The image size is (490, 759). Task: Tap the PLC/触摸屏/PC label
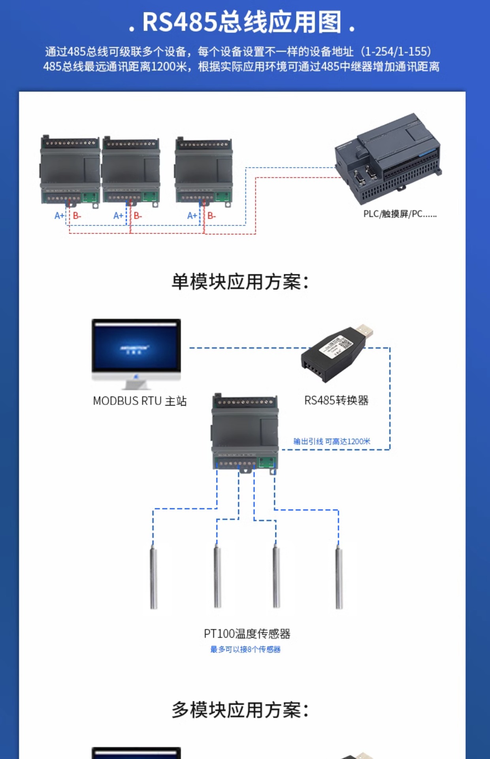[400, 214]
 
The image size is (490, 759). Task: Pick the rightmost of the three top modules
[204, 171]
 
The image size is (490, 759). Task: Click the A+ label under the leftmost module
[59, 216]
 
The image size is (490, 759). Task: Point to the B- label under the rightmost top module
[211, 216]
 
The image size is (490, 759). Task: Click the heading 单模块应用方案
[240, 282]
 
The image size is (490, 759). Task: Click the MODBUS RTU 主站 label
[139, 401]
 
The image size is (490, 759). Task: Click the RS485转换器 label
[336, 400]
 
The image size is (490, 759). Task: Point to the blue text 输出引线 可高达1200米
[332, 442]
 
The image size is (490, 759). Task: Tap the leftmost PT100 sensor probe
[154, 577]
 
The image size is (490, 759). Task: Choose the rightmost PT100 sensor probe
[339, 577]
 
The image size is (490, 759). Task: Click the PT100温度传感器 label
[247, 634]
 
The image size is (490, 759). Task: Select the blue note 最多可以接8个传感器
[245, 649]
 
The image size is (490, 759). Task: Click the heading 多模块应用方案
[240, 710]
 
